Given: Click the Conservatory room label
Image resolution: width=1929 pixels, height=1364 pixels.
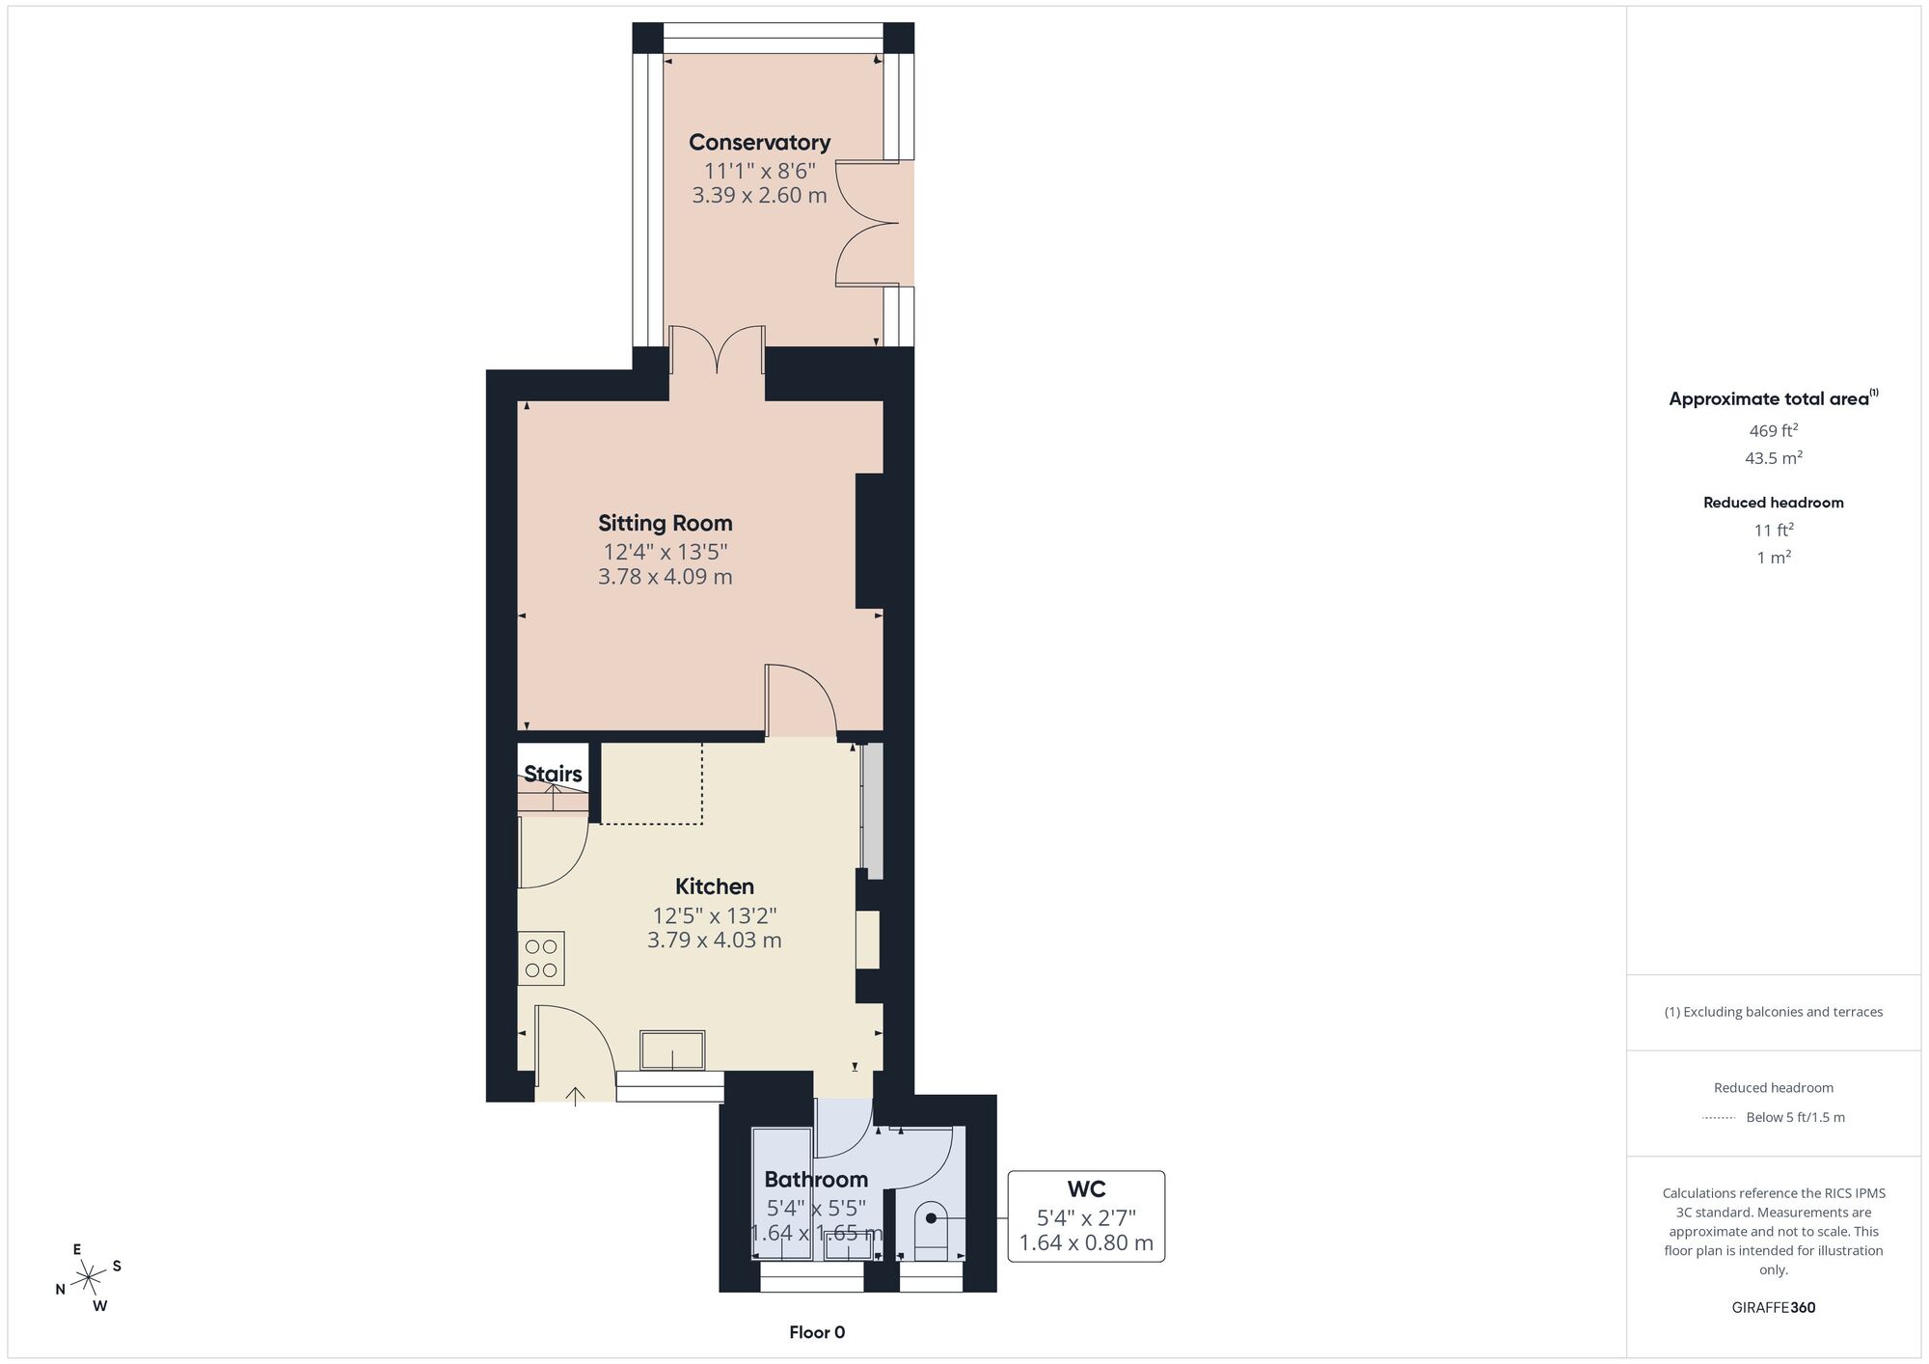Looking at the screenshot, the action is point(759,143).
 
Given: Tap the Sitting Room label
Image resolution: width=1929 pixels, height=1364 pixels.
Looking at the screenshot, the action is point(666,523).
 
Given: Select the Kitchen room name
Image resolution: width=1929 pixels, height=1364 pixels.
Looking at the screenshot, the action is point(715,887).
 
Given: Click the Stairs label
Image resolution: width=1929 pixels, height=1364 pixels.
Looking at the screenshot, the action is point(553,774).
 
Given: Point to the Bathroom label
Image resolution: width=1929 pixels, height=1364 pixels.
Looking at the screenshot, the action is point(816,1180).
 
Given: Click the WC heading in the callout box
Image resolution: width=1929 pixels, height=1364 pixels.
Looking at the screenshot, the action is point(1086,1189).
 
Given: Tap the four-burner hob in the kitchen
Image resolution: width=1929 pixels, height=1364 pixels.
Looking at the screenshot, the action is point(541,958).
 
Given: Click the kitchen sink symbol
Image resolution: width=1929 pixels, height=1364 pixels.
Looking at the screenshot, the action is point(672,1050).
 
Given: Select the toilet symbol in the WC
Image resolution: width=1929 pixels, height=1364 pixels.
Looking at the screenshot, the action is point(932,1229).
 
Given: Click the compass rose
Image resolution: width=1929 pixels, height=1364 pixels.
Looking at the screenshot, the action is point(89,1278).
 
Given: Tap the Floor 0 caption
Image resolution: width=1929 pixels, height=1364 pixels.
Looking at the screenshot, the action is point(817,1332).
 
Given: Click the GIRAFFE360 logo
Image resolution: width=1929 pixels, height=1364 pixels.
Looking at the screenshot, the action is point(1774,1308).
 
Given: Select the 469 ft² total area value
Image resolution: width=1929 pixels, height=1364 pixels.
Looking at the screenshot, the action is point(1774,430).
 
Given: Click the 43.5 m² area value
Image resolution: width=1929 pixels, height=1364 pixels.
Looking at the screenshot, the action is point(1774,458).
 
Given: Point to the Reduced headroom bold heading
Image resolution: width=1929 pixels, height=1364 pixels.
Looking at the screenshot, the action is point(1774,503).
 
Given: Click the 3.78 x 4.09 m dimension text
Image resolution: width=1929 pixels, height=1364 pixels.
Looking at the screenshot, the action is point(666,577).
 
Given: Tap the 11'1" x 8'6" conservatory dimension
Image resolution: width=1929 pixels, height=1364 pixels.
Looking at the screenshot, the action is point(760,172).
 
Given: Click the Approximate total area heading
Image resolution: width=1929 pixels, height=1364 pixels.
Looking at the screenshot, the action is point(1773,398).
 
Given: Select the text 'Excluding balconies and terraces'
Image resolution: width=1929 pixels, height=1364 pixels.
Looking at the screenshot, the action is point(1783,1012).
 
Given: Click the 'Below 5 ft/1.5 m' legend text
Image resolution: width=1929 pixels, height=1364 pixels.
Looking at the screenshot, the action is point(1796,1117).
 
